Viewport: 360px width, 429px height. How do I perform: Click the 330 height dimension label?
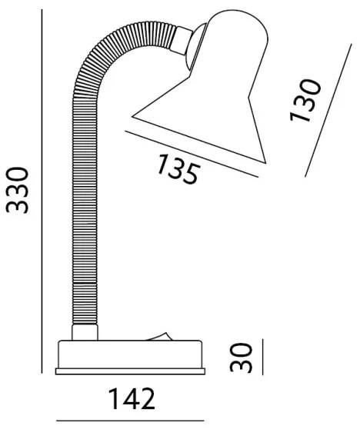coord(17,190)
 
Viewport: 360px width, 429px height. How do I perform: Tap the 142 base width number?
coord(132,398)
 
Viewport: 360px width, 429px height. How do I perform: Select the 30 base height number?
coord(241,357)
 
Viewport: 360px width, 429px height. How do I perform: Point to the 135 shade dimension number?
coord(178,168)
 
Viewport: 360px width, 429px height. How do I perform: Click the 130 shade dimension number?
coord(305,100)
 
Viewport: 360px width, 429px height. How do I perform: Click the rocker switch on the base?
coord(159,336)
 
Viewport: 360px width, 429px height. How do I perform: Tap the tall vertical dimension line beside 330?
coord(42,191)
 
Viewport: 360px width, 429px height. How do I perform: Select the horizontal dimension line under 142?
coord(130,421)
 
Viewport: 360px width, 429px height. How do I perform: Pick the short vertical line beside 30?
coord(262,357)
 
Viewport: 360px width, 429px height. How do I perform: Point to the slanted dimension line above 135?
coord(192,154)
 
